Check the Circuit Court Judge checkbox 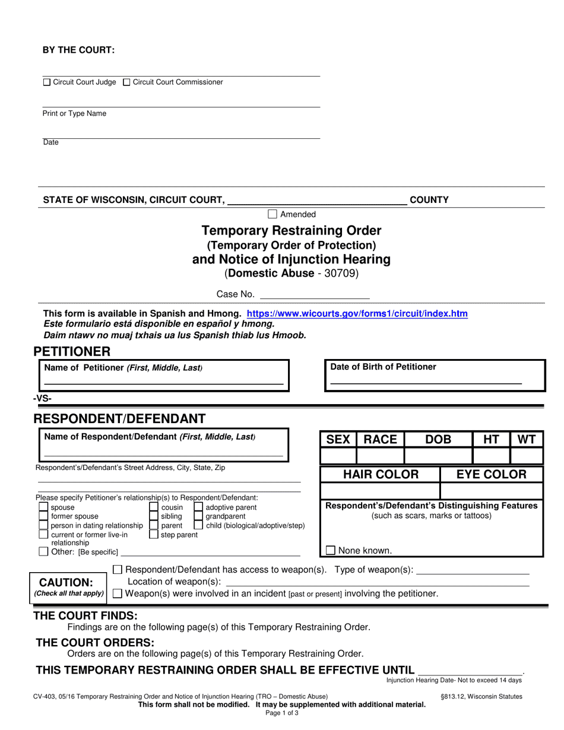click(x=47, y=82)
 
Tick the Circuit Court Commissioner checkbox click(x=126, y=82)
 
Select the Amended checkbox click(x=273, y=214)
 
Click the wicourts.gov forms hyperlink click(x=357, y=313)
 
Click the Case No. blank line click(x=315, y=294)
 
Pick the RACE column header click(x=380, y=440)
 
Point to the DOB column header click(x=438, y=440)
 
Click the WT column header click(x=527, y=440)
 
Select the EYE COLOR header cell click(x=492, y=474)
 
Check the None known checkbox click(x=331, y=550)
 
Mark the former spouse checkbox click(x=43, y=516)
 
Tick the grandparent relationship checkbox click(x=199, y=516)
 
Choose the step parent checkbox click(x=154, y=534)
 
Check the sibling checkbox click(x=154, y=516)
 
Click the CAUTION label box click(x=69, y=586)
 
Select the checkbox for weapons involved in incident click(x=118, y=593)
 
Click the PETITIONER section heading click(x=72, y=352)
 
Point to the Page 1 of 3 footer click(x=282, y=713)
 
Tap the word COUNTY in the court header click(x=429, y=200)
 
